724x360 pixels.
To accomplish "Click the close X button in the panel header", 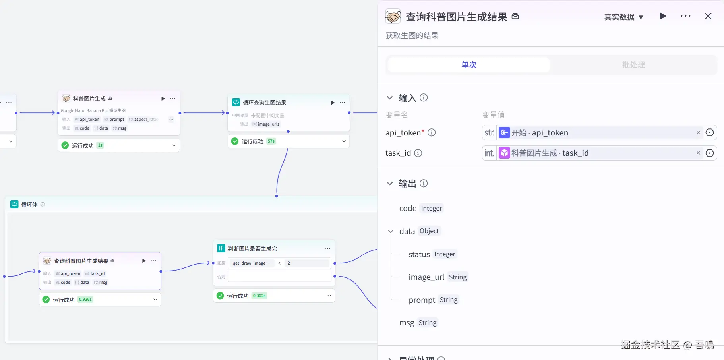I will click(x=708, y=16).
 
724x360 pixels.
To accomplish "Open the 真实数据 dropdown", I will click(x=623, y=17).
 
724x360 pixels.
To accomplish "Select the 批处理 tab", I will click(x=633, y=65).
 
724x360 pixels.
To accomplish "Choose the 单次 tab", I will click(x=469, y=65).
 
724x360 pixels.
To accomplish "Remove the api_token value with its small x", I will click(x=698, y=133).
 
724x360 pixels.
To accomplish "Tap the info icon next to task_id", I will click(x=418, y=153).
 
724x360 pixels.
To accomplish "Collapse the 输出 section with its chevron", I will click(x=390, y=184).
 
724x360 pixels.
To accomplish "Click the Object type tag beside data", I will click(x=429, y=231).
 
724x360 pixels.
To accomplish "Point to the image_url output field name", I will click(x=426, y=277).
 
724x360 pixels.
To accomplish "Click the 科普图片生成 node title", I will click(x=89, y=99).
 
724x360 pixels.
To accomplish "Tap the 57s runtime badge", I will click(x=271, y=141).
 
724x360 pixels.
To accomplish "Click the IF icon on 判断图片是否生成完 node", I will click(x=221, y=248).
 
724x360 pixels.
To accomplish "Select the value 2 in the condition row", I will click(x=289, y=263).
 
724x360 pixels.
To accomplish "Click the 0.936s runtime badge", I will click(x=85, y=300).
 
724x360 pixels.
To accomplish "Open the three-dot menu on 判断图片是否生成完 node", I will click(x=327, y=248).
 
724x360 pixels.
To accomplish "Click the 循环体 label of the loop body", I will click(x=29, y=205).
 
